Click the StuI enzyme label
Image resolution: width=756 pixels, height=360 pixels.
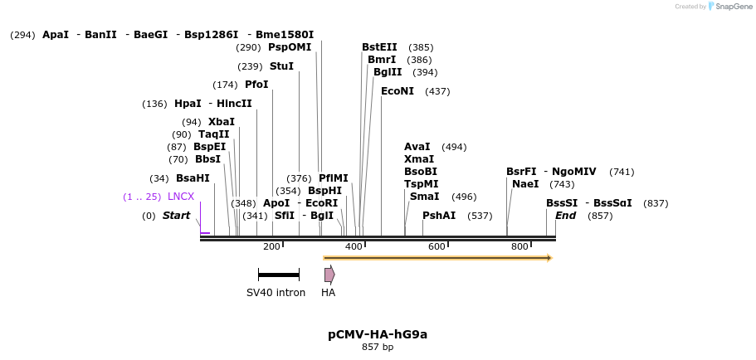pyautogui.click(x=281, y=66)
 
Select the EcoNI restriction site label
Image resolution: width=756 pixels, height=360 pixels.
pyautogui.click(x=397, y=91)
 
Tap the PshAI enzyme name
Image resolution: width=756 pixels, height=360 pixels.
pyautogui.click(x=439, y=216)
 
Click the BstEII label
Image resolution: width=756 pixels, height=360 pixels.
pyautogui.click(x=379, y=47)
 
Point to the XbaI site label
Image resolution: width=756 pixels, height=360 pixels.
pyautogui.click(x=222, y=122)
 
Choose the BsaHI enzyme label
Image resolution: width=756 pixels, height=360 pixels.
pyautogui.click(x=193, y=178)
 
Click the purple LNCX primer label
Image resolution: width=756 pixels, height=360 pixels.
pyautogui.click(x=181, y=197)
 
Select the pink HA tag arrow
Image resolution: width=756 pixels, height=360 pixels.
pyautogui.click(x=329, y=275)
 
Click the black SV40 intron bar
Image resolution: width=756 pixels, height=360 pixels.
pyautogui.click(x=278, y=275)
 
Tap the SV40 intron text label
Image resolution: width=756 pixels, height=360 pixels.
pyautogui.click(x=276, y=293)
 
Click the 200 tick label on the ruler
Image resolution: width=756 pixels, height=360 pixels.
pyautogui.click(x=271, y=246)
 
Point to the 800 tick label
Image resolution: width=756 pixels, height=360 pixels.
pyautogui.click(x=519, y=246)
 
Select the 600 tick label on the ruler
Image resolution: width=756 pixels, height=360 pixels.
pyautogui.click(x=437, y=246)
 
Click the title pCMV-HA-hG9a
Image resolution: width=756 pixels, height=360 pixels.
pyautogui.click(x=378, y=334)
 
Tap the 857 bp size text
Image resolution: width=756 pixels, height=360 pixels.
pyautogui.click(x=378, y=347)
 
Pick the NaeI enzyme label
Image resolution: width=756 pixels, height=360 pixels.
pyautogui.click(x=525, y=184)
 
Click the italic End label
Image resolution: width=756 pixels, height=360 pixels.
pyautogui.click(x=565, y=216)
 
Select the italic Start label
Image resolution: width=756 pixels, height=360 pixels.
pyautogui.click(x=176, y=216)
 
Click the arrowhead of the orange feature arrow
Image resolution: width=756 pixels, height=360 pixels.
pyautogui.click(x=549, y=258)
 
